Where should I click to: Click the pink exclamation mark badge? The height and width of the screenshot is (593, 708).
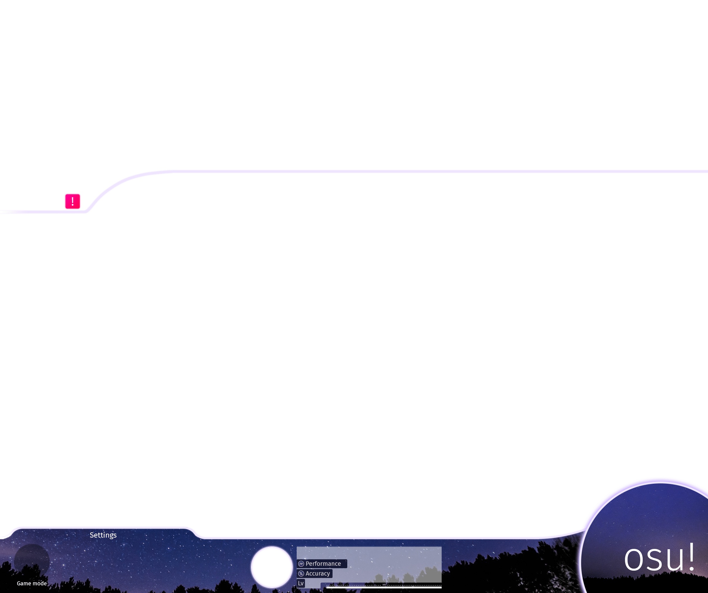point(72,201)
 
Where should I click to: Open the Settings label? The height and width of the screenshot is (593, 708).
point(103,535)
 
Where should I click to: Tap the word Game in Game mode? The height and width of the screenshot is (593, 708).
point(24,584)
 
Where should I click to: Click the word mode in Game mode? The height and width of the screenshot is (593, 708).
point(40,584)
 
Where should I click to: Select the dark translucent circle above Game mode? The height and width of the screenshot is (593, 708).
point(32,561)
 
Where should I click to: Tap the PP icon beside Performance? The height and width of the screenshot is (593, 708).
point(301,564)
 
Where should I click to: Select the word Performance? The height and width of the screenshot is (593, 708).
point(323,564)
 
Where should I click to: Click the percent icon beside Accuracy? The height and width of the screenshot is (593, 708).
point(301,573)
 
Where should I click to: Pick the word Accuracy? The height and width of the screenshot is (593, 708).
point(318,573)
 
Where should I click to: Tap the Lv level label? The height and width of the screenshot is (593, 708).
point(301,583)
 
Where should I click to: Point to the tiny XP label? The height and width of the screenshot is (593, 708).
point(384,585)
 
